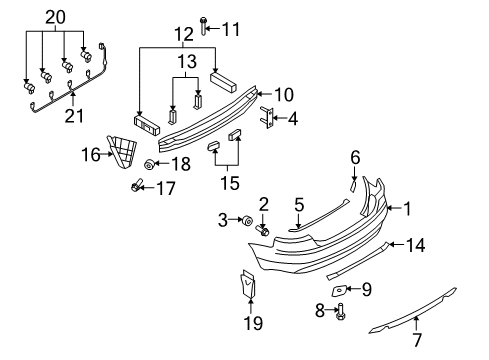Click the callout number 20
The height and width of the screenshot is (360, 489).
click(56, 17)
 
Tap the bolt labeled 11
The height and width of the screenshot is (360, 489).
click(203, 26)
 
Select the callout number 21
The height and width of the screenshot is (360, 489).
click(74, 116)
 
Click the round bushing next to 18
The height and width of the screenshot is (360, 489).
click(148, 164)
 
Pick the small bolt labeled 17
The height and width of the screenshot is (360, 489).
click(136, 186)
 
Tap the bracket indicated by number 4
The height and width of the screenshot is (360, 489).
click(268, 118)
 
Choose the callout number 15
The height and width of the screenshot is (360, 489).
click(230, 182)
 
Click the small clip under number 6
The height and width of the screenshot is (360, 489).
click(353, 186)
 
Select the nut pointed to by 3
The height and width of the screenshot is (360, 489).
click(248, 221)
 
